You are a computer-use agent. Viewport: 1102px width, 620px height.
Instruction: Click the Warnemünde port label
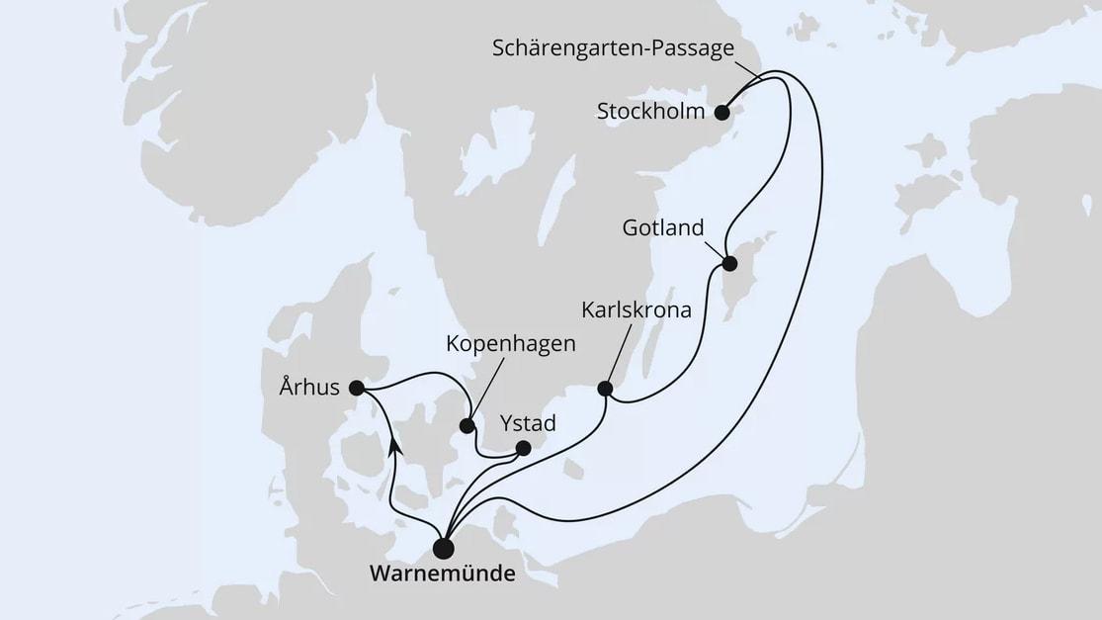[x=443, y=574]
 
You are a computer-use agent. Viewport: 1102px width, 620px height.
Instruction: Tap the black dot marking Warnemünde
[x=444, y=547]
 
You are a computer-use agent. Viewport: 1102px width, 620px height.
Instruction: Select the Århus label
[x=309, y=388]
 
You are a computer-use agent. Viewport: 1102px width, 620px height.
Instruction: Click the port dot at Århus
[x=357, y=388]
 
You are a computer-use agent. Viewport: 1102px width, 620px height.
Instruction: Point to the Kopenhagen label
[x=511, y=346]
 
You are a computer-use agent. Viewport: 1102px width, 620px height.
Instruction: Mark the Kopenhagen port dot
[x=466, y=427]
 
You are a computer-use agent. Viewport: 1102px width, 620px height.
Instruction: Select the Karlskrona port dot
[x=605, y=389]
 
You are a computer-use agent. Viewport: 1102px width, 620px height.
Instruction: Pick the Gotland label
[x=662, y=228]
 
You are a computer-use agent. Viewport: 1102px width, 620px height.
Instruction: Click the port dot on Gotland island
[x=729, y=264]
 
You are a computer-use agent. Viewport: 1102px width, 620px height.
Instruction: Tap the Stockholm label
[x=651, y=112]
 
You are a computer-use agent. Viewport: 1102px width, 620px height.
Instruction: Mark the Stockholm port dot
[x=722, y=112]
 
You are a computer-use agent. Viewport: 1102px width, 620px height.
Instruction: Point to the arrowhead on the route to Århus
[x=394, y=447]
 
